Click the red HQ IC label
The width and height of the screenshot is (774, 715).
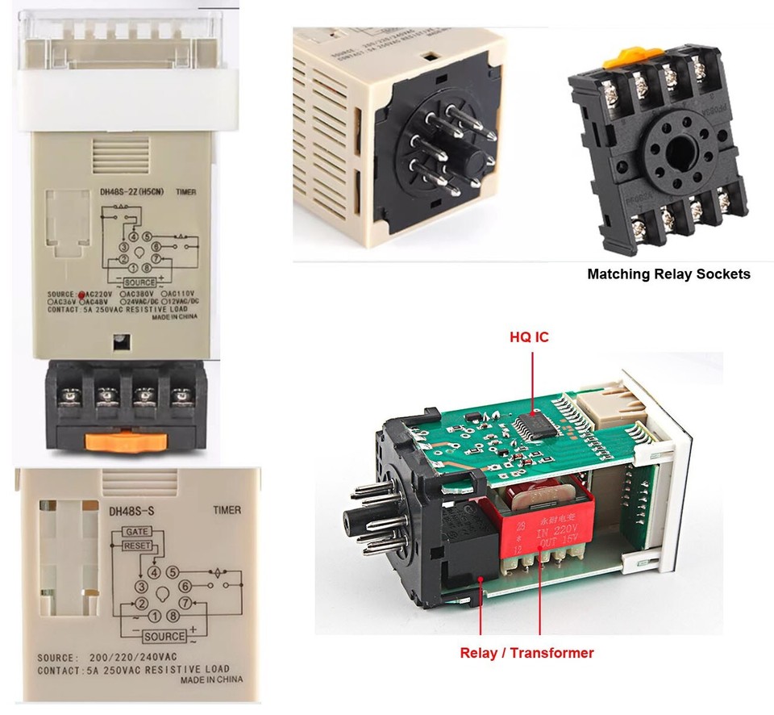(x=529, y=337)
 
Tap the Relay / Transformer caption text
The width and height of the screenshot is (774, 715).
(x=526, y=653)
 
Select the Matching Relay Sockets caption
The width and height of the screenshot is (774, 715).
(x=668, y=274)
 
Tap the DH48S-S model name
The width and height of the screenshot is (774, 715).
(x=131, y=510)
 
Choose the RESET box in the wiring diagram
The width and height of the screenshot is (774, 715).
(x=137, y=546)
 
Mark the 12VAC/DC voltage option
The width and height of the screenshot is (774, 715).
(x=179, y=301)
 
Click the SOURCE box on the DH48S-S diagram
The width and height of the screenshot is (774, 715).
(x=164, y=636)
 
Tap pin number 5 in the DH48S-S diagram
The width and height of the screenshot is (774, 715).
(x=172, y=572)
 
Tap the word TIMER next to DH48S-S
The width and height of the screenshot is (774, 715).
(x=226, y=510)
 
